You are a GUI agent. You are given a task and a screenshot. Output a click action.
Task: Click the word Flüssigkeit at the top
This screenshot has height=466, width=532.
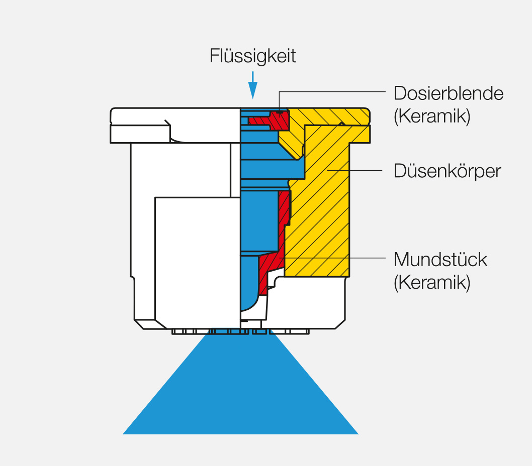252,56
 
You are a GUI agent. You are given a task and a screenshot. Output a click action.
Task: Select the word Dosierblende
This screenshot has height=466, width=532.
448,93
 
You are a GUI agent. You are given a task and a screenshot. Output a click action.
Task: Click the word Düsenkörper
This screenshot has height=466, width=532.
448,171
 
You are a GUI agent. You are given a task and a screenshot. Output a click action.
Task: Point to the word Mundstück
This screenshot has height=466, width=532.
440,260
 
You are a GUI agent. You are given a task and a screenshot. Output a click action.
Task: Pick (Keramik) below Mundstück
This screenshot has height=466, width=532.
432,282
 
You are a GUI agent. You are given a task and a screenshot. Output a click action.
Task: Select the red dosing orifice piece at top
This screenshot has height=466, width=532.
274,120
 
